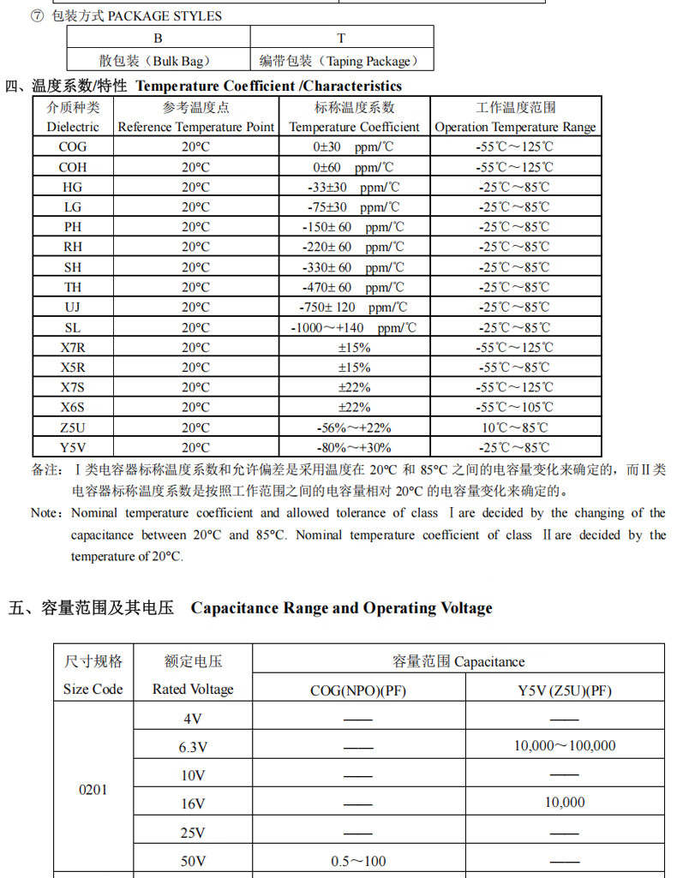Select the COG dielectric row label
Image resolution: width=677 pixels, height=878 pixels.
click(73, 146)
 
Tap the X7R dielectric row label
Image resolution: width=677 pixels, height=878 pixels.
click(73, 347)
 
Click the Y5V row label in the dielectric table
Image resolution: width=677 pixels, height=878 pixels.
click(73, 447)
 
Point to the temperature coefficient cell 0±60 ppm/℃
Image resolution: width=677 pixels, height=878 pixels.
click(354, 167)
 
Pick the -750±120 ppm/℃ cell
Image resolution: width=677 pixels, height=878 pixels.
click(354, 307)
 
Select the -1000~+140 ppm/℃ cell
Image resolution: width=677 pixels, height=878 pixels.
click(354, 327)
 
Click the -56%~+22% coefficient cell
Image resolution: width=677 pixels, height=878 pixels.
click(354, 427)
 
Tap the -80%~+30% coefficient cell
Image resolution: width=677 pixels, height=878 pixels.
click(354, 447)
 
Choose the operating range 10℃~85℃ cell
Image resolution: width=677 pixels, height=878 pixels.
click(514, 427)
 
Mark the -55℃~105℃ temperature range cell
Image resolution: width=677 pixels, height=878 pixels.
click(514, 407)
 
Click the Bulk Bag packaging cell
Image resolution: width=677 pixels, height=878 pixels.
click(159, 60)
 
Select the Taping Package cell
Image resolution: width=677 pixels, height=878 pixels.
click(341, 60)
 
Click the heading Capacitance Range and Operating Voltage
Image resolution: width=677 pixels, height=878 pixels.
click(341, 608)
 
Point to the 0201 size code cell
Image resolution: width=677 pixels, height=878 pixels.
click(93, 789)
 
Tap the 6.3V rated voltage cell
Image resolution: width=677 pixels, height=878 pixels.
click(193, 746)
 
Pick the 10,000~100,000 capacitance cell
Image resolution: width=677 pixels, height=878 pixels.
click(565, 746)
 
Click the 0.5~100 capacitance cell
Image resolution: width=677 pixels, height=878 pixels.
click(358, 861)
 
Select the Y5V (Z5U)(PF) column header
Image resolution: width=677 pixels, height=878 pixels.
click(565, 690)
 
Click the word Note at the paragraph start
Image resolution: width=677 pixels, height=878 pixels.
click(45, 513)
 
